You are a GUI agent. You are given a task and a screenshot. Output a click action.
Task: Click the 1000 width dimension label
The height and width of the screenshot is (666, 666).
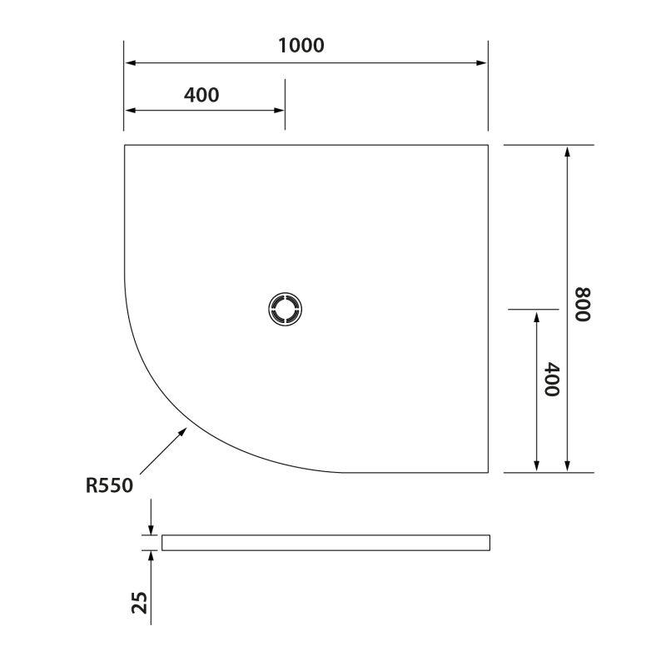(301, 46)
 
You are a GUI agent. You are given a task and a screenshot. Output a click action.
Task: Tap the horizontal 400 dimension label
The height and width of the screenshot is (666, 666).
(201, 95)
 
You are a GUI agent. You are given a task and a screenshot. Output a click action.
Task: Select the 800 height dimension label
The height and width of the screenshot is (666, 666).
(583, 305)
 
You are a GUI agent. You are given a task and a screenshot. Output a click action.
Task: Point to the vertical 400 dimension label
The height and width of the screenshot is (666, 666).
(552, 380)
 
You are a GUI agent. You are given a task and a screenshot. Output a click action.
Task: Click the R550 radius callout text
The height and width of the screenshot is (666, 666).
(110, 485)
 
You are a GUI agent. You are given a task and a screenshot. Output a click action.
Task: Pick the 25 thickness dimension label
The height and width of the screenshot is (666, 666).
(139, 603)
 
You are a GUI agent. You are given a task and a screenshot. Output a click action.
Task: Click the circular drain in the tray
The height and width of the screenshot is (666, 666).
(285, 309)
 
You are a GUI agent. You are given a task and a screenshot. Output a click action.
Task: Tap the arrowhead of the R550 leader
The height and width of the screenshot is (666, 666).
(183, 431)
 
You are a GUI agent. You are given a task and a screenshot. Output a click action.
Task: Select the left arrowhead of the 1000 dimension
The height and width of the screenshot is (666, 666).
(131, 63)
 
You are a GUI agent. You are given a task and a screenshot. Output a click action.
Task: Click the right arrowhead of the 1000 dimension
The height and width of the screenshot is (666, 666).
(482, 63)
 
